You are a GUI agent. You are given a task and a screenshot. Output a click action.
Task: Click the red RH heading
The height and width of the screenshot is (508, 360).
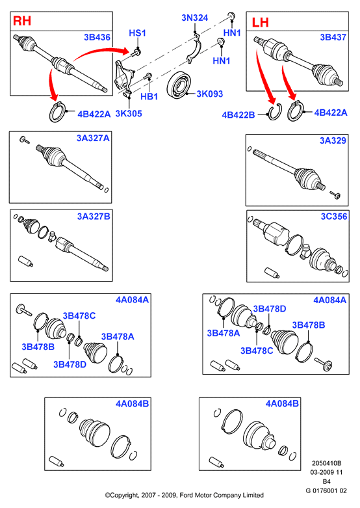pyautogui.click(x=22, y=21)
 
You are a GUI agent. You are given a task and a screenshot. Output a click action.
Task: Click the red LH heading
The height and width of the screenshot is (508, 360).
pyautogui.click(x=261, y=22)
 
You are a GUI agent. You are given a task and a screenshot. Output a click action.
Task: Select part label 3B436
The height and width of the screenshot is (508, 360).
pyautogui.click(x=97, y=37)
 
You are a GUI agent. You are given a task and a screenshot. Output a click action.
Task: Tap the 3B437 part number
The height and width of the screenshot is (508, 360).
pyautogui.click(x=333, y=37)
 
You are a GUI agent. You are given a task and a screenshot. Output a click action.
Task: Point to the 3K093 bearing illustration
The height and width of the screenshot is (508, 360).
pyautogui.click(x=179, y=85)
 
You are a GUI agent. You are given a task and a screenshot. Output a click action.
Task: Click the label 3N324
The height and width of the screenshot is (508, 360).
pyautogui.click(x=194, y=18)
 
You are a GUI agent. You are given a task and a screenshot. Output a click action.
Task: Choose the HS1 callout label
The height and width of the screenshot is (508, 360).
pyautogui.click(x=137, y=33)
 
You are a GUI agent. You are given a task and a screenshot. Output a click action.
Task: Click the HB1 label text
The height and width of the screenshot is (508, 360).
pyautogui.click(x=149, y=96)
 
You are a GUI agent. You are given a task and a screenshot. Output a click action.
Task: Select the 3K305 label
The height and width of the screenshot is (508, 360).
pyautogui.click(x=129, y=113)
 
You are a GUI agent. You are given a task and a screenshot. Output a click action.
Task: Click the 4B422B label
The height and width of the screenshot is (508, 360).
pyautogui.click(x=238, y=114)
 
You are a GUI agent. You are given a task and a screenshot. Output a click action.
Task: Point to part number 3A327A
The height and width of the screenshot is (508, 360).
pyautogui.click(x=93, y=138)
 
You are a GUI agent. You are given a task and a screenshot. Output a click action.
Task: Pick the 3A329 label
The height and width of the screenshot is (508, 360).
pyautogui.click(x=333, y=140)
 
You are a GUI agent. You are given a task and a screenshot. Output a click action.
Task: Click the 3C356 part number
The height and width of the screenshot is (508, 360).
pyautogui.click(x=334, y=216)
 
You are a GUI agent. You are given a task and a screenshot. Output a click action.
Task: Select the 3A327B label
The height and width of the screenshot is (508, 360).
pyautogui.click(x=94, y=216)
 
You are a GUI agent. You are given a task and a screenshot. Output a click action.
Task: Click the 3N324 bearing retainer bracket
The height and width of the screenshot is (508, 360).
pyautogui.click(x=194, y=49)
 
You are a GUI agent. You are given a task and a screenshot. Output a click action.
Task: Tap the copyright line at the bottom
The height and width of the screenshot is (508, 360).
pyautogui.click(x=184, y=495)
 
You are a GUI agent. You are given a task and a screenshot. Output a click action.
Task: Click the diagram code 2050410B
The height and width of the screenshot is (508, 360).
pyautogui.click(x=326, y=463)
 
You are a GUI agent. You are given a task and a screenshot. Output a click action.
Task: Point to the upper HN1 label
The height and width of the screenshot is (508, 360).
pyautogui.click(x=232, y=33)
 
